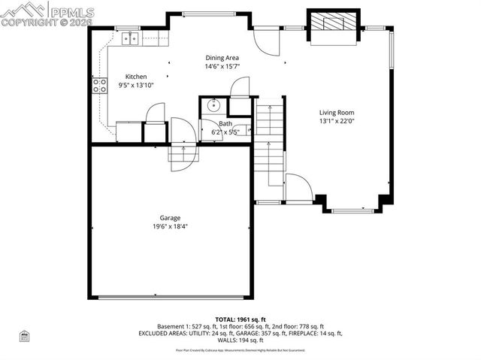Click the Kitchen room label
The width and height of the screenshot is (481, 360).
tap(136, 77)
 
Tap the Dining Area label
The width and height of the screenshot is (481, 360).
tap(222, 57)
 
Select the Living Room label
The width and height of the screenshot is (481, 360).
tap(337, 112)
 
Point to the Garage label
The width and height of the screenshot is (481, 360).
tap(169, 218)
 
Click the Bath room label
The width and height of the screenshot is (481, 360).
tap(225, 124)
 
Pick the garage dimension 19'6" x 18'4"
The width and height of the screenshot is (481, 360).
tap(169, 226)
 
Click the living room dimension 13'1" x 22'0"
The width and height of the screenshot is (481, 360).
tap(337, 120)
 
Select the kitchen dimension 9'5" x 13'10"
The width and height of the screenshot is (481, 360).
tap(136, 85)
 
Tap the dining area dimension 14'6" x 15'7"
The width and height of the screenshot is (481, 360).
tap(222, 66)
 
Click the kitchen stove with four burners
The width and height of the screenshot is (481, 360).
tap(98, 86)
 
